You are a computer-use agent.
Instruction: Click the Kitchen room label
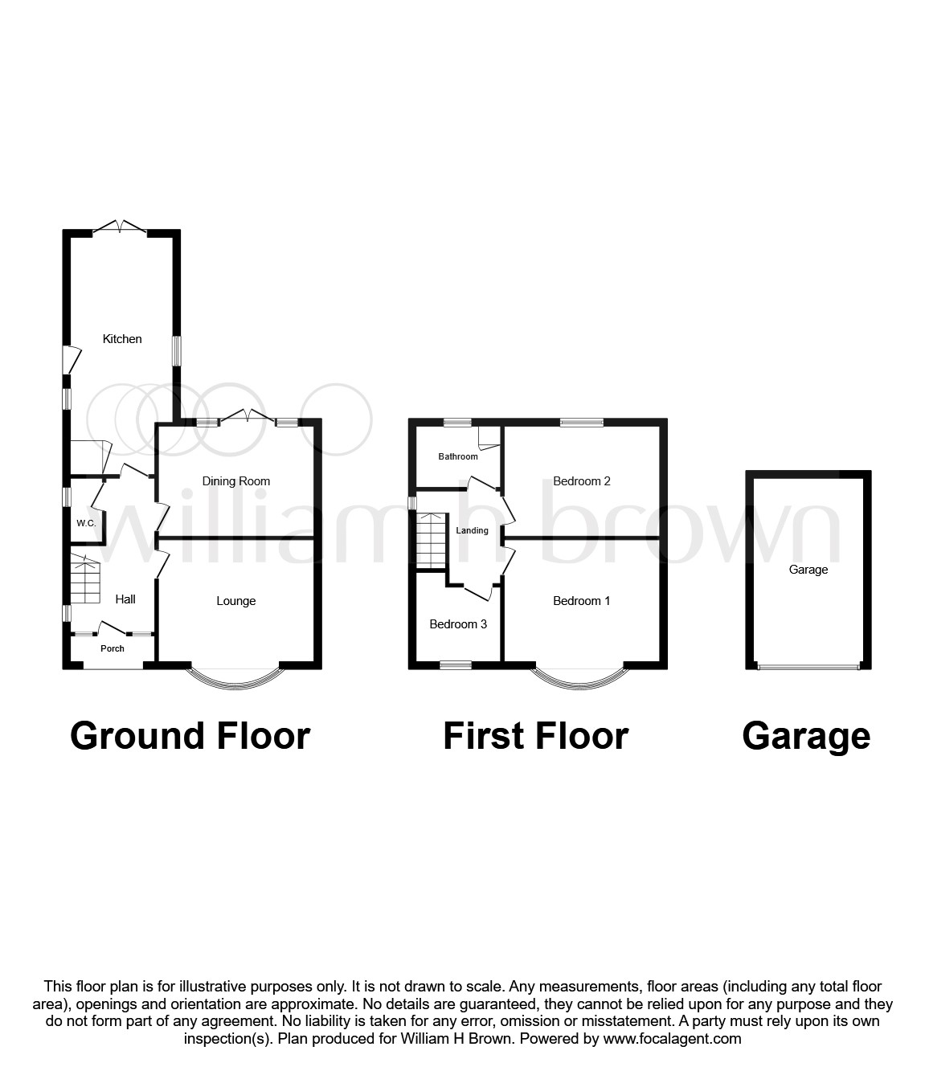[x=122, y=339]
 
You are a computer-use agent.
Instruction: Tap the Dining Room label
[x=235, y=481]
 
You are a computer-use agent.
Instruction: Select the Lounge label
[x=235, y=601]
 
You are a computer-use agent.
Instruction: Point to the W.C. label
[x=86, y=524]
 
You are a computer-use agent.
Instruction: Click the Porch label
[x=113, y=648]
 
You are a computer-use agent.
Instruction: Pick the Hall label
[x=125, y=599]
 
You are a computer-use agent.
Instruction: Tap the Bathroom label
[x=458, y=456]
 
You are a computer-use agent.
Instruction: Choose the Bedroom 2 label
[x=582, y=481]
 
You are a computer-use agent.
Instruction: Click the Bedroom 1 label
[x=582, y=601]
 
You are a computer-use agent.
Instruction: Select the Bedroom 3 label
[x=458, y=624]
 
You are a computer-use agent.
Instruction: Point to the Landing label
[x=473, y=530]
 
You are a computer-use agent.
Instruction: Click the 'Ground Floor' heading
[x=190, y=736]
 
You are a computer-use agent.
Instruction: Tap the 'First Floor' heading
[x=535, y=736]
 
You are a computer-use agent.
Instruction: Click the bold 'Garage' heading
[x=806, y=736]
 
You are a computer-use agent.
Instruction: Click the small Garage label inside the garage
[x=808, y=570]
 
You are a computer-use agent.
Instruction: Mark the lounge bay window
[x=236, y=677]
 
